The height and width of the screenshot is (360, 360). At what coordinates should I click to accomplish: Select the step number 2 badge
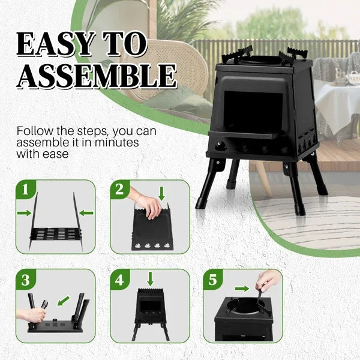119,191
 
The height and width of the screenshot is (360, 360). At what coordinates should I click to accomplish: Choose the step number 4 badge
119,280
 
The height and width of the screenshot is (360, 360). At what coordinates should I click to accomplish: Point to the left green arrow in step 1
24,212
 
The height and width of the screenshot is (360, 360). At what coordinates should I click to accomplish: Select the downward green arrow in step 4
150,278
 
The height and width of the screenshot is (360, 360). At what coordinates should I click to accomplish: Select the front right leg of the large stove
296,186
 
